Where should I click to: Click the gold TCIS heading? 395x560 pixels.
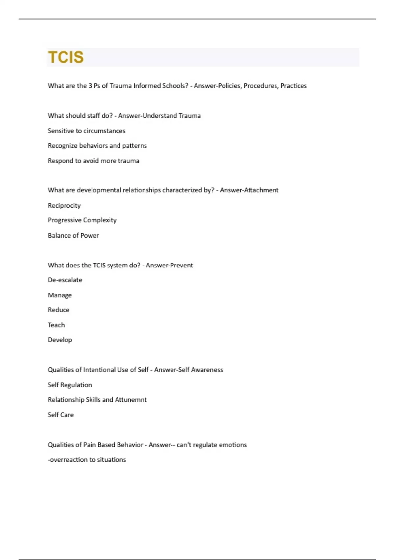(66, 57)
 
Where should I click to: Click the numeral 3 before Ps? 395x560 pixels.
(90, 86)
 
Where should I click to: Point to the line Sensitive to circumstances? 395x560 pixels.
(87, 131)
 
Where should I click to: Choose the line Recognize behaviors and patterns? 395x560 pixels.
(97, 146)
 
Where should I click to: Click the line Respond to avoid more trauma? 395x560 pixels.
(93, 161)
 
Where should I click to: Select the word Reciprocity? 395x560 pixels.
(64, 206)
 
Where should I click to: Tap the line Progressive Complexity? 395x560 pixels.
(82, 220)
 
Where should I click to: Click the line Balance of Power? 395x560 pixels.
(73, 235)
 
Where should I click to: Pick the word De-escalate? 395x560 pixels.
(65, 280)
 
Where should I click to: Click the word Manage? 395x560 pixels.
(60, 295)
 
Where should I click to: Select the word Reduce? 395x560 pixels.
(59, 310)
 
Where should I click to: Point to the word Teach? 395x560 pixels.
(56, 325)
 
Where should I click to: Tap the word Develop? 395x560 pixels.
(60, 340)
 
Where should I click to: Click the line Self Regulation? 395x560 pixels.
(70, 385)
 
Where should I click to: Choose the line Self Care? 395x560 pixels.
(61, 415)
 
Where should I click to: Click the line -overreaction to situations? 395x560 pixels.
(87, 460)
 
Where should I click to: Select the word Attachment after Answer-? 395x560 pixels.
(261, 190)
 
